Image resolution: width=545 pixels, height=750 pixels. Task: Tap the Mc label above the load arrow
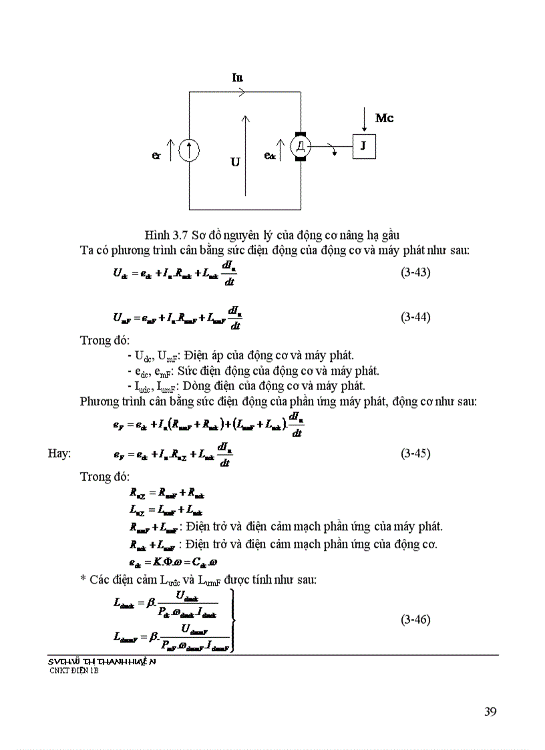click(x=384, y=118)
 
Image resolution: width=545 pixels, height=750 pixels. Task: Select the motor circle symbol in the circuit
click(x=301, y=146)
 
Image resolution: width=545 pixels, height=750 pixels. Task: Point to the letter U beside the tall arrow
click(x=235, y=162)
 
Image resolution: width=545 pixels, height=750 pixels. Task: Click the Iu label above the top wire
click(x=237, y=77)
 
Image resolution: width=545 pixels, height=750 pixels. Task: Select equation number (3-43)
click(x=415, y=272)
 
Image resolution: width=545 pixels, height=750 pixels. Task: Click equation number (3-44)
click(x=415, y=317)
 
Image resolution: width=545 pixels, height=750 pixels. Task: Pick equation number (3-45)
click(x=415, y=453)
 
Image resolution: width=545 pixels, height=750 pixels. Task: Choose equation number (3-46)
click(x=415, y=620)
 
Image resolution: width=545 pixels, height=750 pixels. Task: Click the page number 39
click(x=490, y=711)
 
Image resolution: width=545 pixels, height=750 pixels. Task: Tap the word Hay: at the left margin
click(x=59, y=453)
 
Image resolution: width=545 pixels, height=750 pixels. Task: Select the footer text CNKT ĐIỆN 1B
click(x=73, y=671)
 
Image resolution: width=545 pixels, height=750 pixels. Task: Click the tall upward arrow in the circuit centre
click(x=246, y=155)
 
